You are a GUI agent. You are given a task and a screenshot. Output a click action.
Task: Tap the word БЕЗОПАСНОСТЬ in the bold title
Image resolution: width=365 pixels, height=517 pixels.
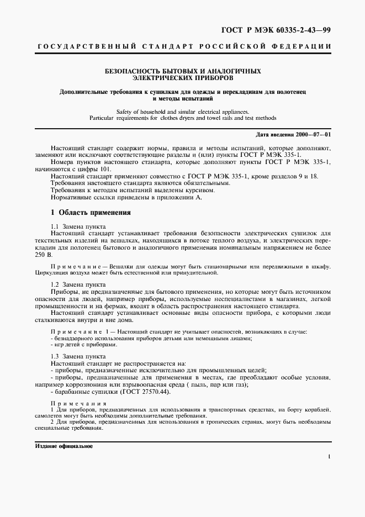[132, 71]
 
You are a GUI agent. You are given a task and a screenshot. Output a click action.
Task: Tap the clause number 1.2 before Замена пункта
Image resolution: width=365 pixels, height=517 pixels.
[55, 284]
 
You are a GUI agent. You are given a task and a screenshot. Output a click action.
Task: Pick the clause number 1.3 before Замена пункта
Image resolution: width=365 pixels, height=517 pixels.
[55, 357]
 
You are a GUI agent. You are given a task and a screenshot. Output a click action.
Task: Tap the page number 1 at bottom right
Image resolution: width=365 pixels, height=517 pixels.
[329, 457]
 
